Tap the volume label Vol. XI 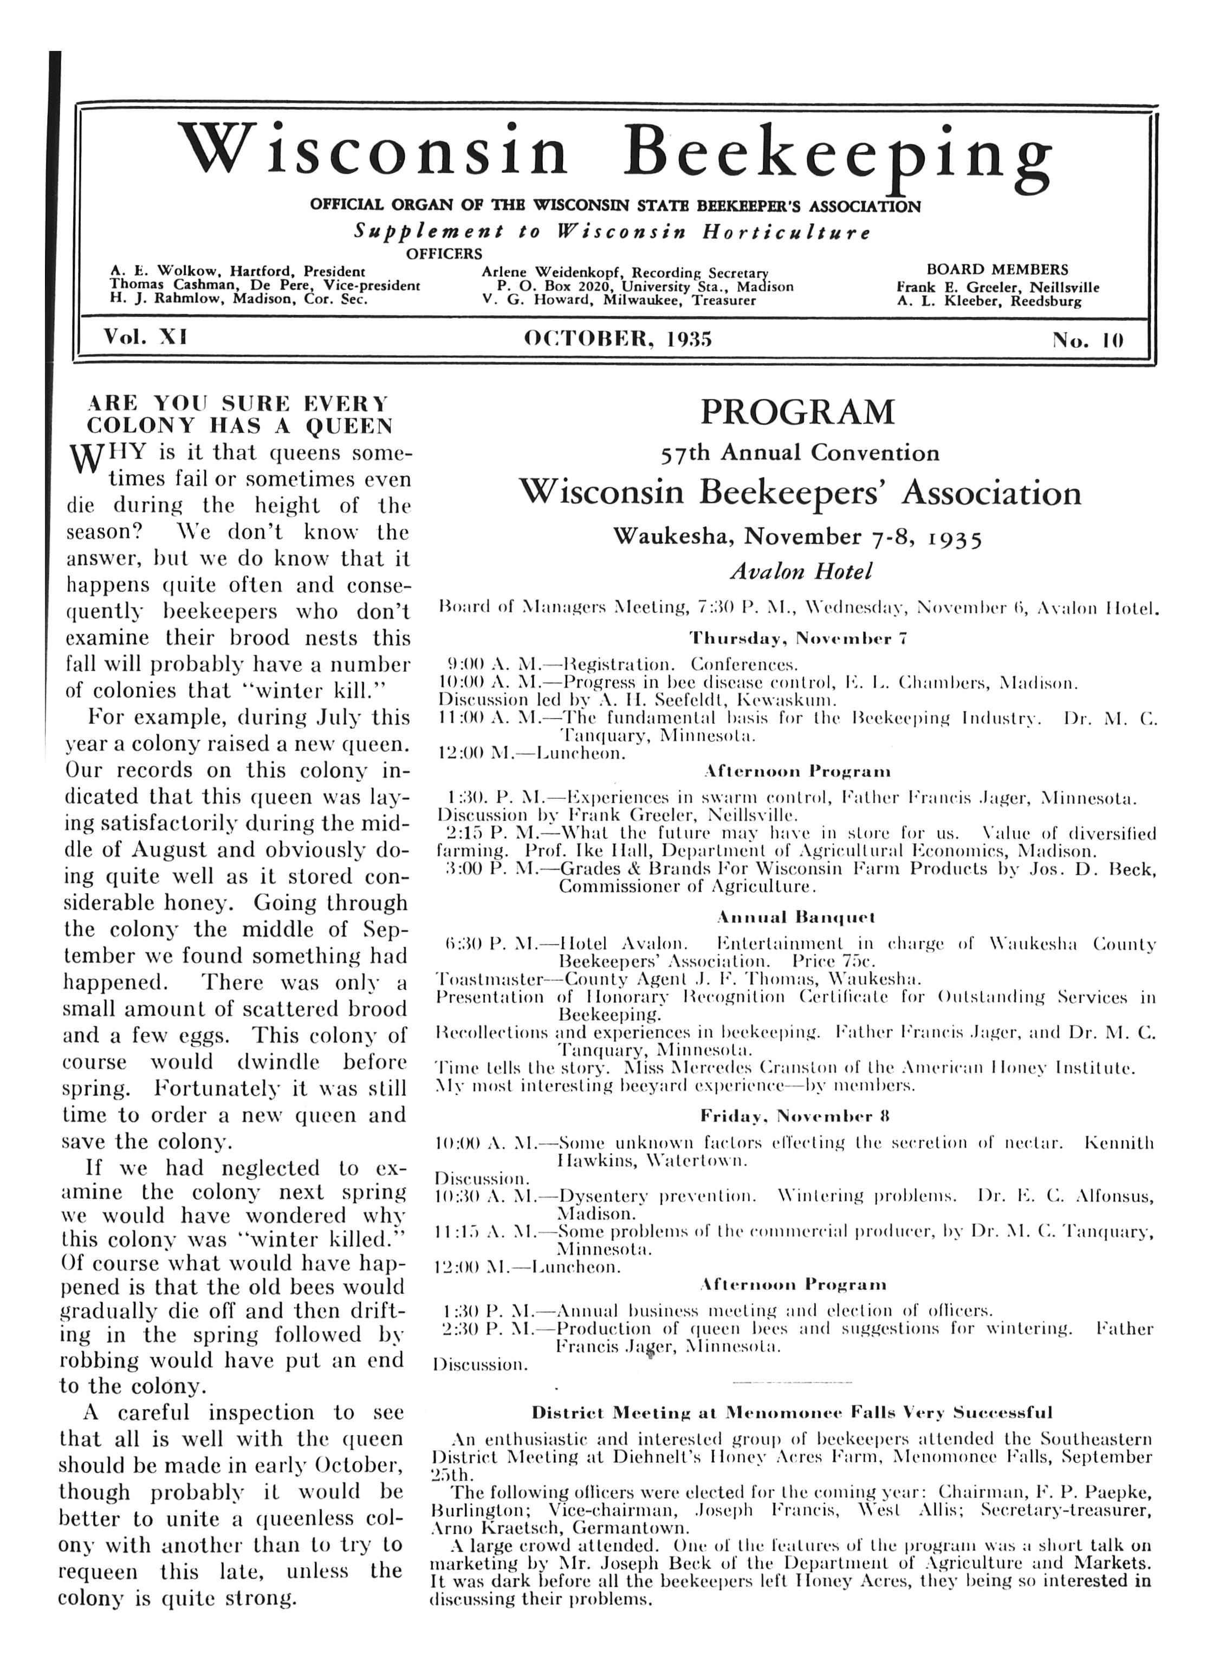click(145, 338)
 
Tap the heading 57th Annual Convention click(800, 452)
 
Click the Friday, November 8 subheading click(794, 1116)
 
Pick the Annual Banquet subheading click(796, 918)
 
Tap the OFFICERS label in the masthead click(444, 255)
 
